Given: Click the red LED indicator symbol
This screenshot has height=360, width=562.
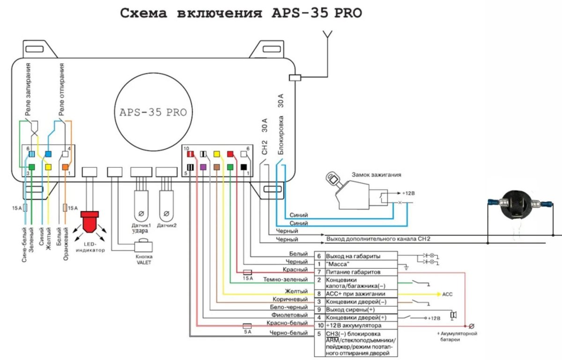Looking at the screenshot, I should click(x=90, y=221).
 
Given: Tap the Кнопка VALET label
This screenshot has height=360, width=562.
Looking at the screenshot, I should click(x=144, y=259).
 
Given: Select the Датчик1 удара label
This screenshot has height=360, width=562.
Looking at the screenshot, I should click(x=140, y=228).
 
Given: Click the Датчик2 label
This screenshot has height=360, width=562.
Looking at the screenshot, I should click(x=167, y=225).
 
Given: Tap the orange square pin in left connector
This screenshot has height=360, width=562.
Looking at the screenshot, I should click(x=65, y=167).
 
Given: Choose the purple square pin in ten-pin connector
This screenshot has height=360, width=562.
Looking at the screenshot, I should click(x=203, y=167).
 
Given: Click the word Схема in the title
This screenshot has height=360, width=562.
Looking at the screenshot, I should click(x=144, y=13).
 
